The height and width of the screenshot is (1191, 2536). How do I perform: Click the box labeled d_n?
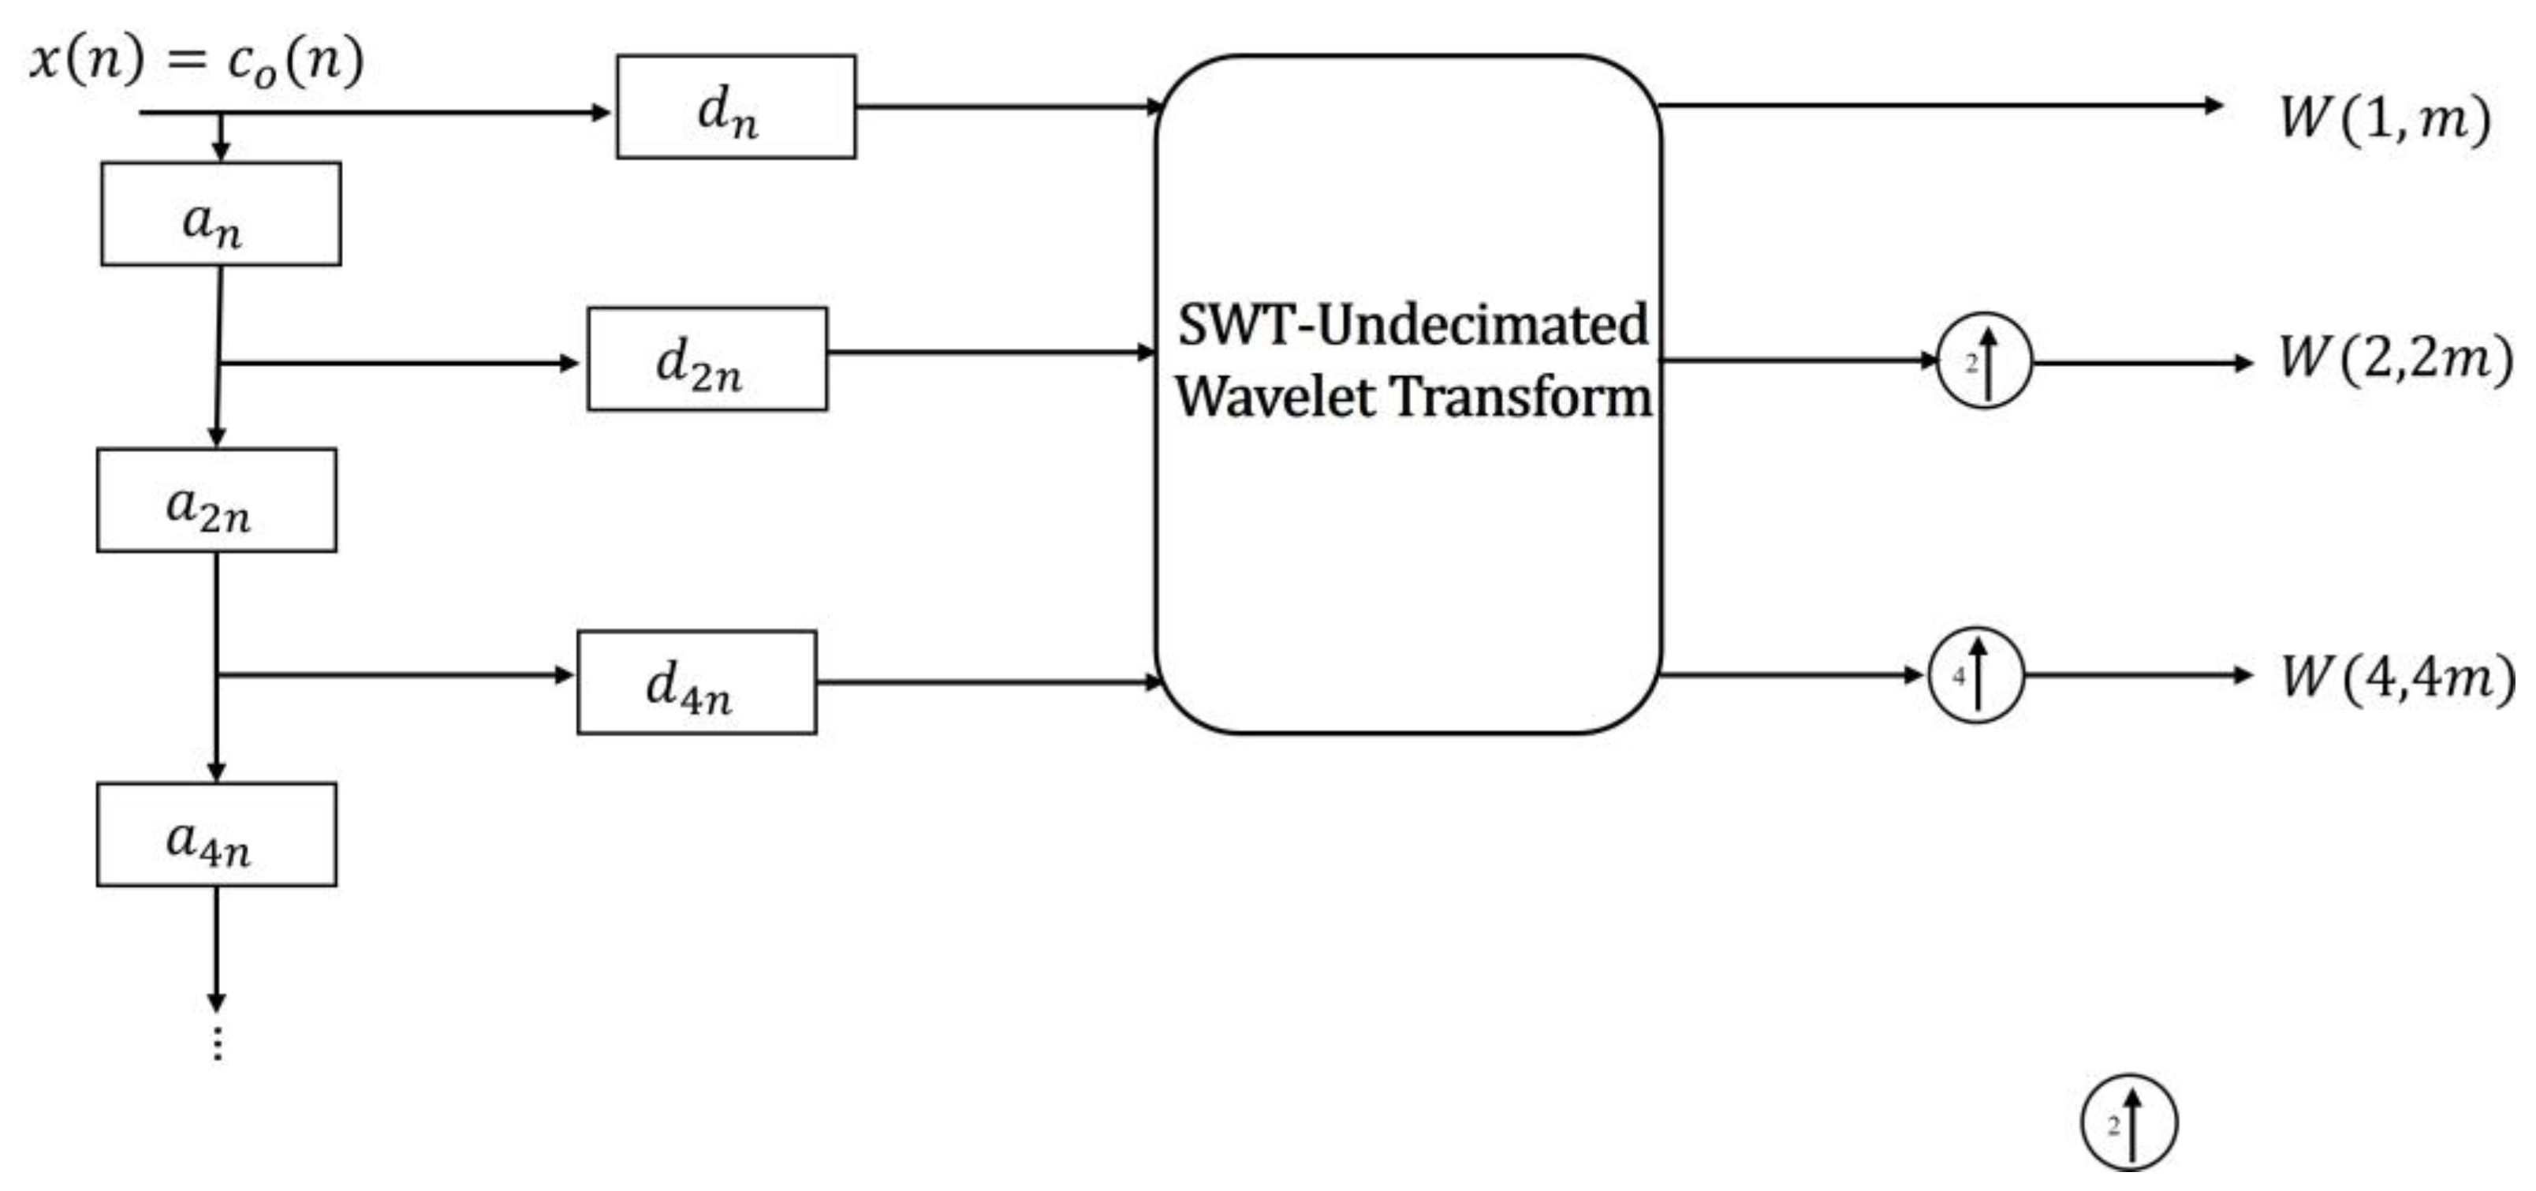tap(736, 106)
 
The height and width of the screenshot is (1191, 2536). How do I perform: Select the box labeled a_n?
tap(221, 214)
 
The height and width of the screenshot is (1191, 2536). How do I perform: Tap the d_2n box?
tap(707, 359)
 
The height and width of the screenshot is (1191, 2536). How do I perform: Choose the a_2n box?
tap(217, 500)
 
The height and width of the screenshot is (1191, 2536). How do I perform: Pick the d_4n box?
tap(696, 682)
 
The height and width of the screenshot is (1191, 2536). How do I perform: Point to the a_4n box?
tap(217, 834)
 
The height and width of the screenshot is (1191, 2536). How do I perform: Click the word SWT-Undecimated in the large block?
tap(1412, 325)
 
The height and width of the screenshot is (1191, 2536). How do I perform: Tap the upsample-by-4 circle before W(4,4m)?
tap(1975, 675)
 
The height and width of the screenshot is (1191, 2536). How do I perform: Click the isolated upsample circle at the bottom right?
tap(2128, 1123)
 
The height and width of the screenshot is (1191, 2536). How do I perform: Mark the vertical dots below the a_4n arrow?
tap(218, 1044)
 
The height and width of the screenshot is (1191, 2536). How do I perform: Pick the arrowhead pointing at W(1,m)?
tap(2213, 106)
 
